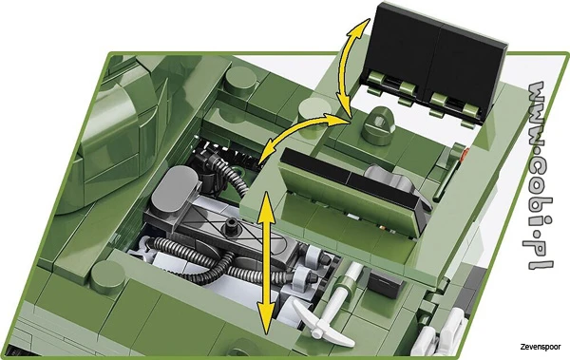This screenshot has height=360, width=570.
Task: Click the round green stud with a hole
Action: tap(381, 122)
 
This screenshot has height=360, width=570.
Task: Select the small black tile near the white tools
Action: tap(383, 283)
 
